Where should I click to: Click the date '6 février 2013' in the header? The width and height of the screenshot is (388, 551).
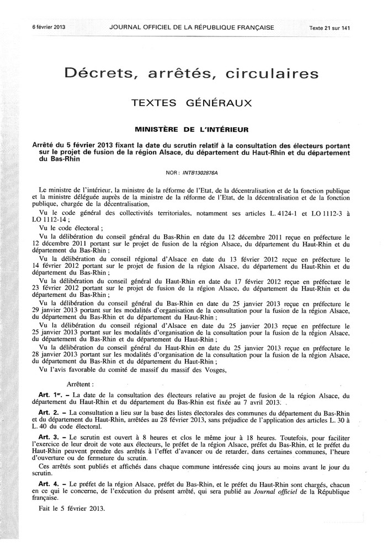[49, 26]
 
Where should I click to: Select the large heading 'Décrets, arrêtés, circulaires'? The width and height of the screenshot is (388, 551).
[191, 73]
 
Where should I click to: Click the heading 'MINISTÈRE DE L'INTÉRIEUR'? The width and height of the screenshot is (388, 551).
[192, 129]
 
